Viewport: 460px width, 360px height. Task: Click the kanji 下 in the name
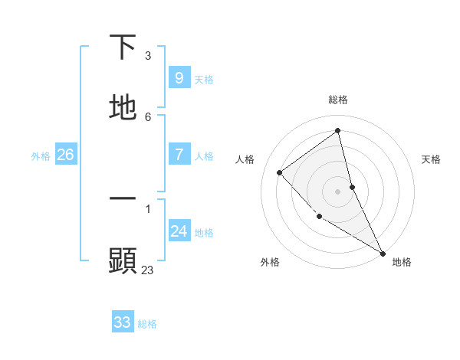tap(123, 47)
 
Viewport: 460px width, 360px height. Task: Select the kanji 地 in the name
tap(123, 108)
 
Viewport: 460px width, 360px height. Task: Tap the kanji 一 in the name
tap(123, 198)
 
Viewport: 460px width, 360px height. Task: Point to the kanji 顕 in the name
tap(123, 260)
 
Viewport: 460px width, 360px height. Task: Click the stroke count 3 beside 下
tap(148, 56)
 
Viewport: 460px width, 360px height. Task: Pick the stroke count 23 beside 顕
tap(148, 270)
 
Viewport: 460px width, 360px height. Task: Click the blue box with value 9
tap(179, 78)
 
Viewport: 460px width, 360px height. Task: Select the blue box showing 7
tap(179, 155)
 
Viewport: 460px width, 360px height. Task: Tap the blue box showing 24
tap(179, 231)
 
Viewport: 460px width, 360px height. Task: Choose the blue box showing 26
tap(65, 155)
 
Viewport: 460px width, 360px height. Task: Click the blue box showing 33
tap(123, 322)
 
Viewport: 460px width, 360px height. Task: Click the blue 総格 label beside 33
tap(147, 324)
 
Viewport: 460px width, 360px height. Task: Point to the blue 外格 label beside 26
tap(41, 156)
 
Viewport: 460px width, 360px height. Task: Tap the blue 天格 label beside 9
tap(204, 80)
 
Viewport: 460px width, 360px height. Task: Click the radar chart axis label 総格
tap(337, 100)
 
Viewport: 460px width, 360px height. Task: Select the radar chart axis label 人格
tap(245, 159)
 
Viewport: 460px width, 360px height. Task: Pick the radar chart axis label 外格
tap(270, 262)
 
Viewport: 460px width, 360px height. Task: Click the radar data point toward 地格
tap(382, 253)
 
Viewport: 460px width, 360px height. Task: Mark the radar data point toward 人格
tap(280, 172)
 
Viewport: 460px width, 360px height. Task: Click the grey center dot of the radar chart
tap(337, 191)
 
